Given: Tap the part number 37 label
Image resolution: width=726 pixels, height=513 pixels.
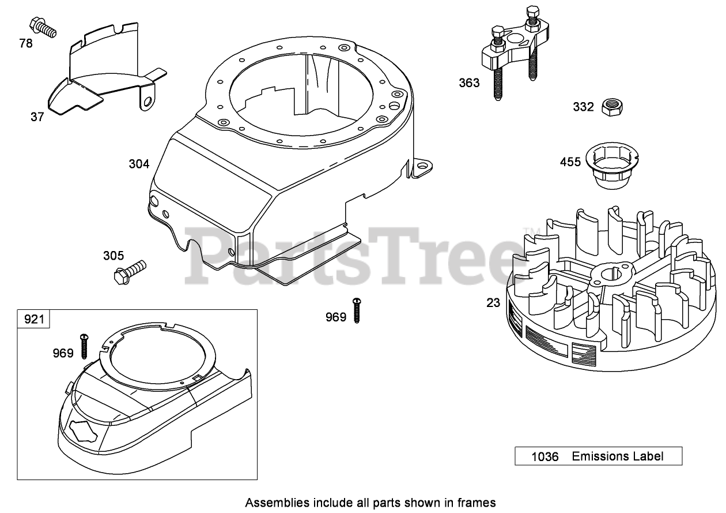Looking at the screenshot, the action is click(37, 117).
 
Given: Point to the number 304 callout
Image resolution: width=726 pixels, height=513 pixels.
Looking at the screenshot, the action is click(139, 164).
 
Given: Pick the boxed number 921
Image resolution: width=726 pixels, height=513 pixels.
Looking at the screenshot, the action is click(34, 319).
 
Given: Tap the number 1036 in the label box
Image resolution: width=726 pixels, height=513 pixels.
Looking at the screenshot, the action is click(544, 456).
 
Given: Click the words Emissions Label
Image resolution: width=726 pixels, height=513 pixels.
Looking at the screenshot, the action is click(617, 456).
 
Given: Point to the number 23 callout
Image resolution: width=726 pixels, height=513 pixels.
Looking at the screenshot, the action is click(493, 302).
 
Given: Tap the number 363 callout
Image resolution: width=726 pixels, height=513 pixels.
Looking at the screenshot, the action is click(469, 83).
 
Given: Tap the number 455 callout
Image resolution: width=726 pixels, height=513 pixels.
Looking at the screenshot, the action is click(570, 162).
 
